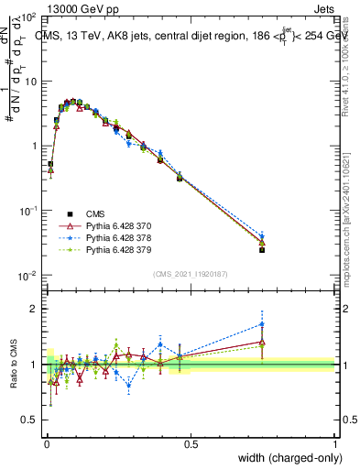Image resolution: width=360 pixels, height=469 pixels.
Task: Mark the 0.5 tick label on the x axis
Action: (191, 443)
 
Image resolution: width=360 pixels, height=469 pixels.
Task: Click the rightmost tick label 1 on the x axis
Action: (335, 443)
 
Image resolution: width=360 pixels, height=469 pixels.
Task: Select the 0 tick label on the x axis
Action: (47, 443)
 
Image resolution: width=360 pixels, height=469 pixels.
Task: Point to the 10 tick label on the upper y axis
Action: (30, 81)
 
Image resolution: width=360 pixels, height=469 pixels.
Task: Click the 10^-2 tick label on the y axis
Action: (27, 276)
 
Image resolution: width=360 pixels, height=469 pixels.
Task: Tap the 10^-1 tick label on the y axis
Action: (27, 211)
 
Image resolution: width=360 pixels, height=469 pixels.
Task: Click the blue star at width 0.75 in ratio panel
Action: (262, 323)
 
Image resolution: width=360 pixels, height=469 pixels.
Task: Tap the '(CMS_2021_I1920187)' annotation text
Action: (190, 274)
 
